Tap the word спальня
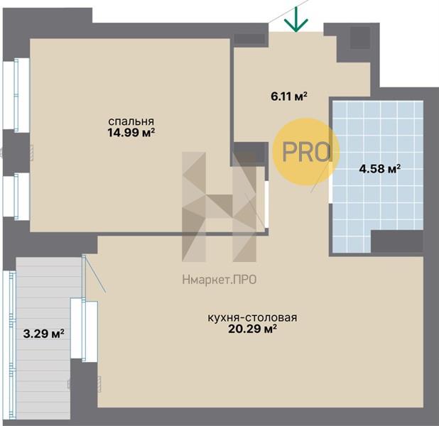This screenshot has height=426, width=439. click(131, 121)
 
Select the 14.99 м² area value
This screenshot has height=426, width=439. click(131, 132)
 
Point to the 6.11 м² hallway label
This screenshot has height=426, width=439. click(289, 97)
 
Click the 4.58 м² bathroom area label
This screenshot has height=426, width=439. click(380, 169)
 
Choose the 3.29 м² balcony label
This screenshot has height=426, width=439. click(43, 334)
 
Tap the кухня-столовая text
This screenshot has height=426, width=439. click(252, 317)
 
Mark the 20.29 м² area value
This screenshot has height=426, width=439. click(253, 329)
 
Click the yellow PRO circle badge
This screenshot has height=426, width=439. click(306, 151)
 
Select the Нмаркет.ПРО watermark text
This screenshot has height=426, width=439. click(220, 280)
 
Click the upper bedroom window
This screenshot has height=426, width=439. click(16, 95)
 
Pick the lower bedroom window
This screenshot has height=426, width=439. click(16, 196)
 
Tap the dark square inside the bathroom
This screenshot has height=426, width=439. click(397, 241)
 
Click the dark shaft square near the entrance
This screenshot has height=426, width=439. click(361, 38)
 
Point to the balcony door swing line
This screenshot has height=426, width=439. click(95, 274)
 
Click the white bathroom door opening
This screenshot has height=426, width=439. click(330, 182)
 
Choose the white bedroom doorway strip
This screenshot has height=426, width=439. click(266, 204)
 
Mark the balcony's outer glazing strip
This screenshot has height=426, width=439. click(11, 345)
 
